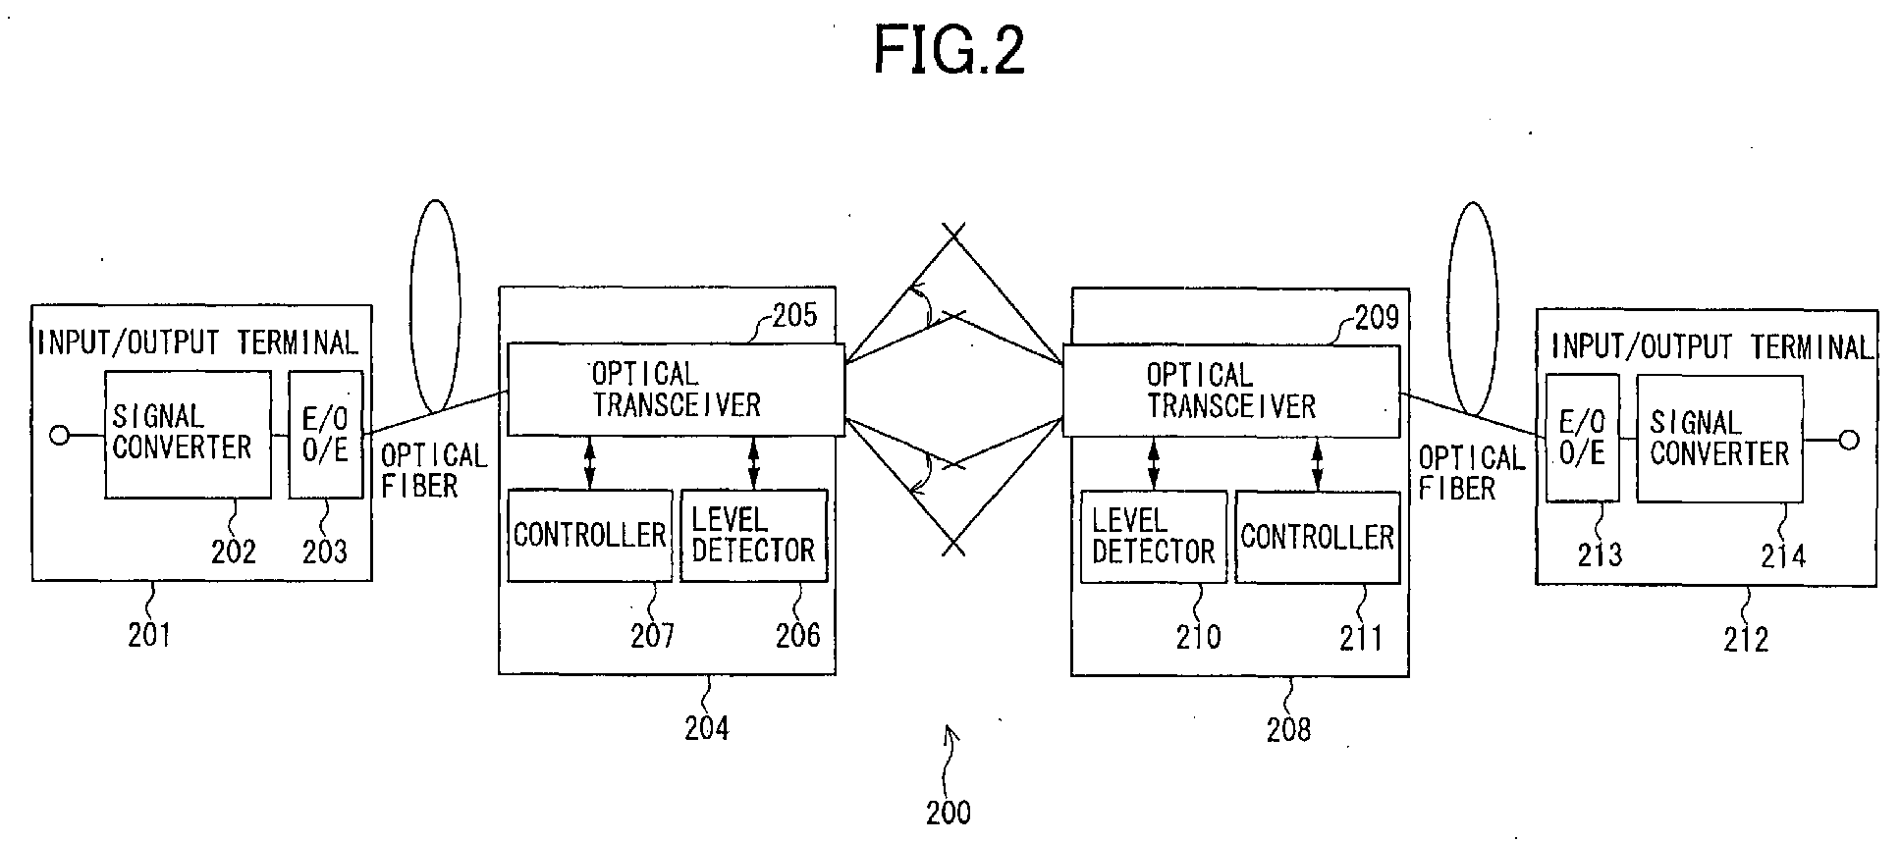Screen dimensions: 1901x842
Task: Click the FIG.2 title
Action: [950, 51]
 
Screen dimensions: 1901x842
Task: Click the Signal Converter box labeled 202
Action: [188, 435]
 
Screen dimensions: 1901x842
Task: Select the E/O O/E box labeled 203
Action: [326, 435]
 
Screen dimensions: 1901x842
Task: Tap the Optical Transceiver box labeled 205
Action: [676, 390]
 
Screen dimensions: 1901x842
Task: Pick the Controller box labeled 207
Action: [590, 536]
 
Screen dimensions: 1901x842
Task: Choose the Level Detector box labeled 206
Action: [754, 536]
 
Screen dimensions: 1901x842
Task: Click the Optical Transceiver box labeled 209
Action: [1231, 392]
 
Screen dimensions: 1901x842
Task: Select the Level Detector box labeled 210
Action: [1154, 538]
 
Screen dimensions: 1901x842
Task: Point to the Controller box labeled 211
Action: [1318, 538]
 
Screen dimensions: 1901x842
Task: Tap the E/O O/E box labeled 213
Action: [1583, 438]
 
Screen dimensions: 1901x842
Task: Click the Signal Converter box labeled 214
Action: [1719, 438]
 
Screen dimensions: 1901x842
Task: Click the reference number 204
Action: [707, 728]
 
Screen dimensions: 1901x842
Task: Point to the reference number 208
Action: [1288, 729]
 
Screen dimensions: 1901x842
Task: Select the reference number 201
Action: [149, 636]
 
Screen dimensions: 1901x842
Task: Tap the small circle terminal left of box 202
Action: [60, 435]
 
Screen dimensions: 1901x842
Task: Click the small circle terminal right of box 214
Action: [1849, 440]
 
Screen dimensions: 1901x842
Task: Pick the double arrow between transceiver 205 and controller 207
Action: [589, 463]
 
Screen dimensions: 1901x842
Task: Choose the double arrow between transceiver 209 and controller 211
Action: [1318, 465]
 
